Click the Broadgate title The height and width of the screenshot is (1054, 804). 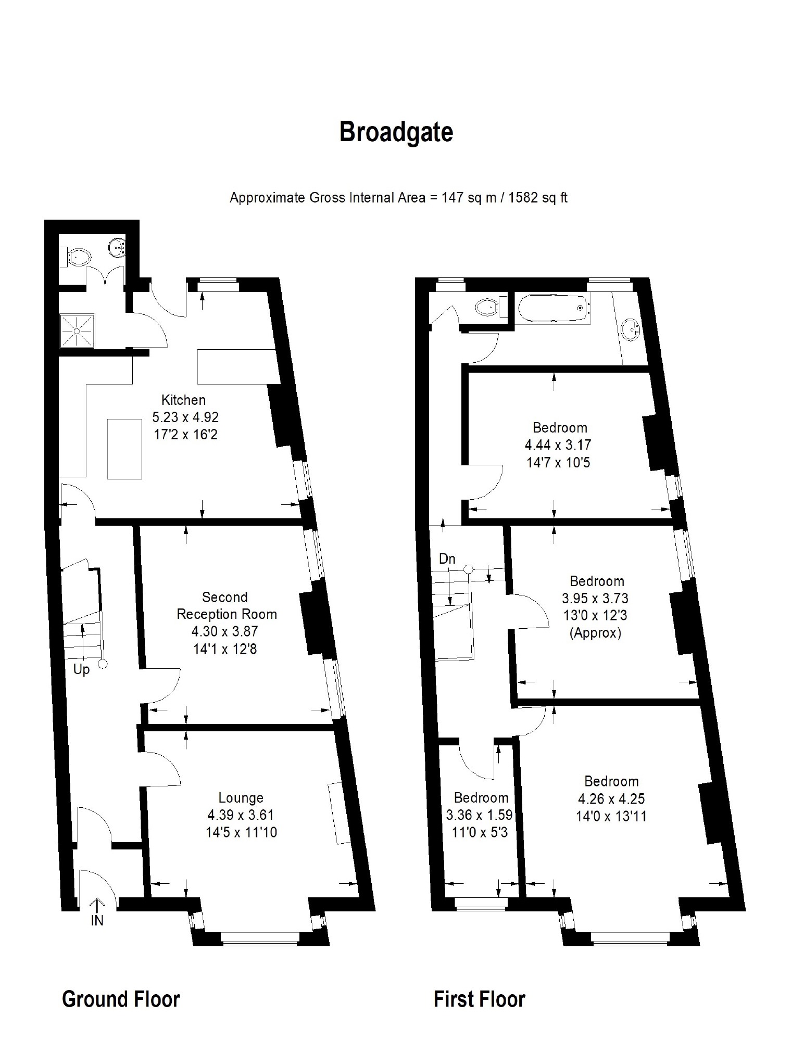[396, 132]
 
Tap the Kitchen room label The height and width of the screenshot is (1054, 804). [183, 400]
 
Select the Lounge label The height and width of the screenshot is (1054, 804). [241, 797]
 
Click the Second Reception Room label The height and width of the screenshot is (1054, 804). [226, 605]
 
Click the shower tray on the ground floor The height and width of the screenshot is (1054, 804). [78, 331]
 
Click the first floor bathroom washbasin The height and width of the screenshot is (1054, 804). [631, 329]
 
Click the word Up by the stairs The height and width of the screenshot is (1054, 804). [81, 669]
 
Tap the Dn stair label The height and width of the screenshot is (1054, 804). [447, 559]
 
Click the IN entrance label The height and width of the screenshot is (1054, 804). [97, 920]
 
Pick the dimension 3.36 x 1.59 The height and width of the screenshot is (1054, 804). [480, 815]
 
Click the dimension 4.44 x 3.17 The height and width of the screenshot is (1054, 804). [558, 445]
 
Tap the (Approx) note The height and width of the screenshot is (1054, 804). [595, 633]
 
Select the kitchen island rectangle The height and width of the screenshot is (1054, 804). [124, 448]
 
